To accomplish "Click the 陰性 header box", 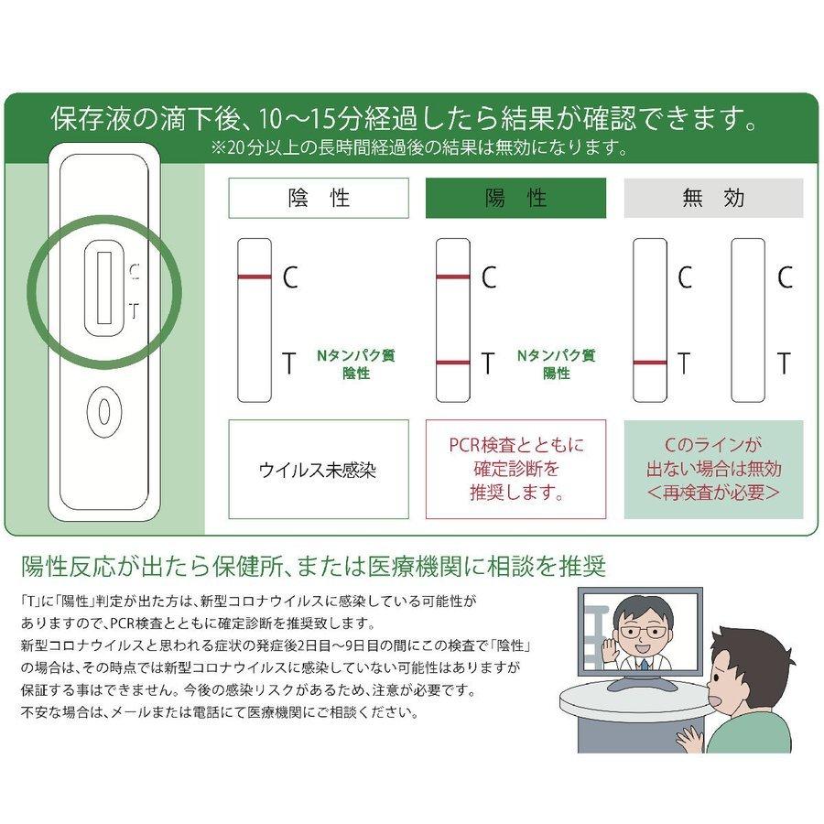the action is [x=319, y=198].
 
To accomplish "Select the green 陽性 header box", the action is [x=515, y=198].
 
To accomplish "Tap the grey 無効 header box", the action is [x=713, y=198].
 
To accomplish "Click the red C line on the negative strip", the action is [x=255, y=276].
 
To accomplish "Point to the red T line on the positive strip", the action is [x=453, y=362].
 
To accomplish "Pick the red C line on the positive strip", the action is [x=453, y=276].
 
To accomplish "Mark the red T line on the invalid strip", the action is [x=650, y=362].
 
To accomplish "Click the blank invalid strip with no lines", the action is [x=748, y=320].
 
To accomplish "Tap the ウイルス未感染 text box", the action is [x=319, y=470].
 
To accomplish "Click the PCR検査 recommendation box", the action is [x=515, y=470].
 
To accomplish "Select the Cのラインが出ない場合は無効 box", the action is [x=713, y=470].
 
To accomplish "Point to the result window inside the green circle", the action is [x=104, y=288].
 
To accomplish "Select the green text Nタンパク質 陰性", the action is [x=356, y=364].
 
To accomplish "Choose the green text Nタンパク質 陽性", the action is [x=556, y=364].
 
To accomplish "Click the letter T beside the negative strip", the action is [x=289, y=363].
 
